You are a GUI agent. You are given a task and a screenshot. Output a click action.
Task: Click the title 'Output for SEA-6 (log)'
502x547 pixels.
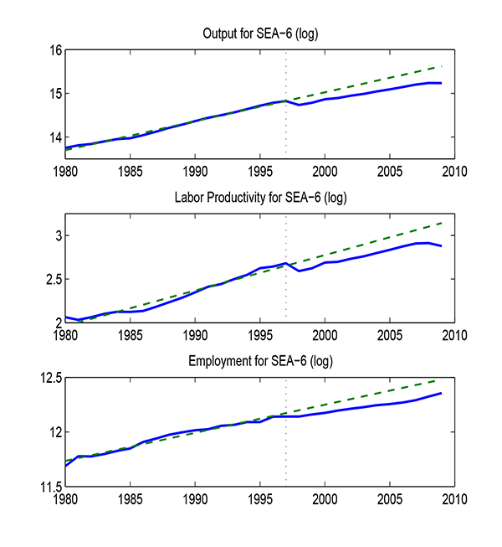coord(259,34)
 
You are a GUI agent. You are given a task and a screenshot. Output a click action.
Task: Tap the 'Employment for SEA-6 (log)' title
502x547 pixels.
coord(259,361)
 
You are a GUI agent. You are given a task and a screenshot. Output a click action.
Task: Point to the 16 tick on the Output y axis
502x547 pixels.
coord(55,50)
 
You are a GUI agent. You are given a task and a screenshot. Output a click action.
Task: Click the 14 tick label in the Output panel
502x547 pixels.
coord(55,137)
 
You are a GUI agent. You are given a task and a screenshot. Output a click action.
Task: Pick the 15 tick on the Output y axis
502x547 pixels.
coord(55,94)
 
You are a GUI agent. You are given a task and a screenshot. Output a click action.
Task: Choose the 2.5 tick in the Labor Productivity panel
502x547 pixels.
coord(52,279)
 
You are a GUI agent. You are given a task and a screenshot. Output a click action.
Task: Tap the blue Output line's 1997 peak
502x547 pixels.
coord(286,101)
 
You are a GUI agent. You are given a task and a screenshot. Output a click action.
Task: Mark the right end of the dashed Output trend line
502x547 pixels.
coord(441,66)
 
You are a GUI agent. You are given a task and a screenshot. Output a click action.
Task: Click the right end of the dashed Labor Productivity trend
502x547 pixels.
coord(441,223)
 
